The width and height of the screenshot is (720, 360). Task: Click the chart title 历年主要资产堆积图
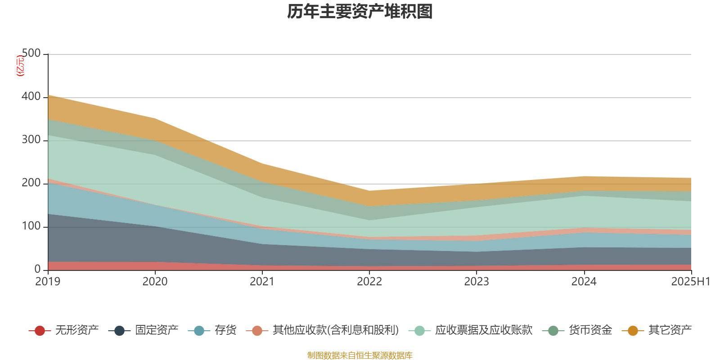[360, 12]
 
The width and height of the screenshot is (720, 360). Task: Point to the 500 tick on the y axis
[31, 54]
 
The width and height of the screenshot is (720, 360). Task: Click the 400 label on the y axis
[31, 97]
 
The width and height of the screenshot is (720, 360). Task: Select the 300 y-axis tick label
[31, 140]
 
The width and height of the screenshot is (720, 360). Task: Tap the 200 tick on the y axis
[31, 183]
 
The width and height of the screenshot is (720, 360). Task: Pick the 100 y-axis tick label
[31, 226]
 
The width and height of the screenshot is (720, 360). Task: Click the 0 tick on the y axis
[37, 269]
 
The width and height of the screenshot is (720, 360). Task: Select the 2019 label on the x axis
[48, 282]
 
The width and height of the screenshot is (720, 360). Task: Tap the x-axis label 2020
[155, 282]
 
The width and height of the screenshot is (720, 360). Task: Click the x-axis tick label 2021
[262, 282]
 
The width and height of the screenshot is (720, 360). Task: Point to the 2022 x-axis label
[369, 282]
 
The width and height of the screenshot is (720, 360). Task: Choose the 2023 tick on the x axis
[477, 282]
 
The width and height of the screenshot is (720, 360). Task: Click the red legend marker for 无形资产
[40, 331]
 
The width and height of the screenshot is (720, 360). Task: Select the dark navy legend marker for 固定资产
[119, 331]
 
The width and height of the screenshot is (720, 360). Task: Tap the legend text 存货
[225, 330]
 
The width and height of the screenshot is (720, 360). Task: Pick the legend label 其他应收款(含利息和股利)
[336, 330]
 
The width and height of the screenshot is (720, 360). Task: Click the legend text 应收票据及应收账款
[484, 330]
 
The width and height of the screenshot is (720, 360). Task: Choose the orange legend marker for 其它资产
[633, 331]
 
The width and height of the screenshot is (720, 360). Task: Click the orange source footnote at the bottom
[360, 355]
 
